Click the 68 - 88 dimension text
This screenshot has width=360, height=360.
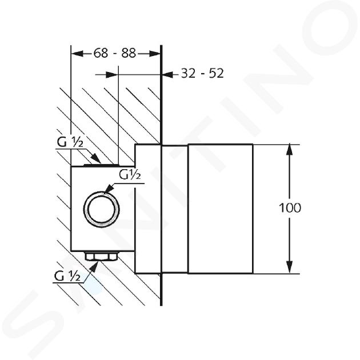[115, 53]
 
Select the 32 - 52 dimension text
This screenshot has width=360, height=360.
[202, 74]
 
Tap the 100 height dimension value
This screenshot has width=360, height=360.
[290, 208]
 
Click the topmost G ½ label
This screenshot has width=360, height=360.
[70, 142]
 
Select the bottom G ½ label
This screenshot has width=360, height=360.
[67, 276]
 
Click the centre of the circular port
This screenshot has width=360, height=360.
[102, 210]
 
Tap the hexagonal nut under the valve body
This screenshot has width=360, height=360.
[102, 256]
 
